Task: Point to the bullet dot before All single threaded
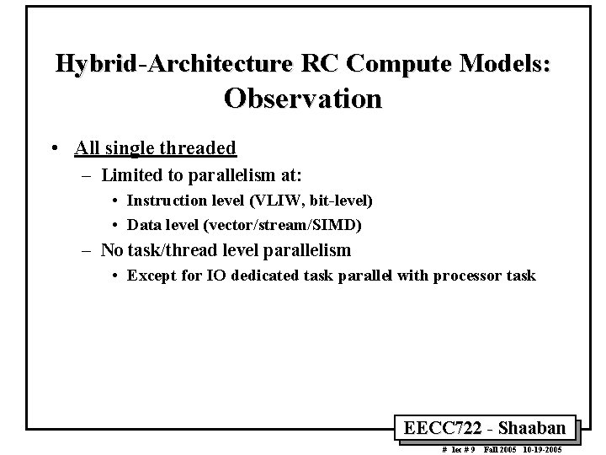(x=54, y=149)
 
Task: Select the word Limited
(x=129, y=176)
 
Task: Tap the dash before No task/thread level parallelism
(x=88, y=250)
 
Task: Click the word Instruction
(x=166, y=201)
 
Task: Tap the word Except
(x=149, y=276)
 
